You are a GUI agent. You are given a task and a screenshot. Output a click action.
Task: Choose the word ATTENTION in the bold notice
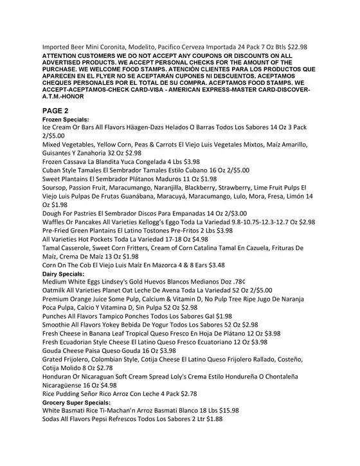64,57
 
